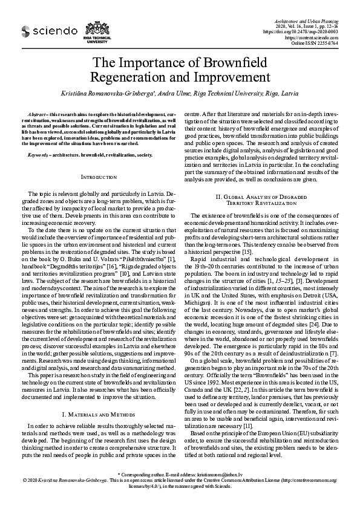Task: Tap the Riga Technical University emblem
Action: click(x=97, y=32)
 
